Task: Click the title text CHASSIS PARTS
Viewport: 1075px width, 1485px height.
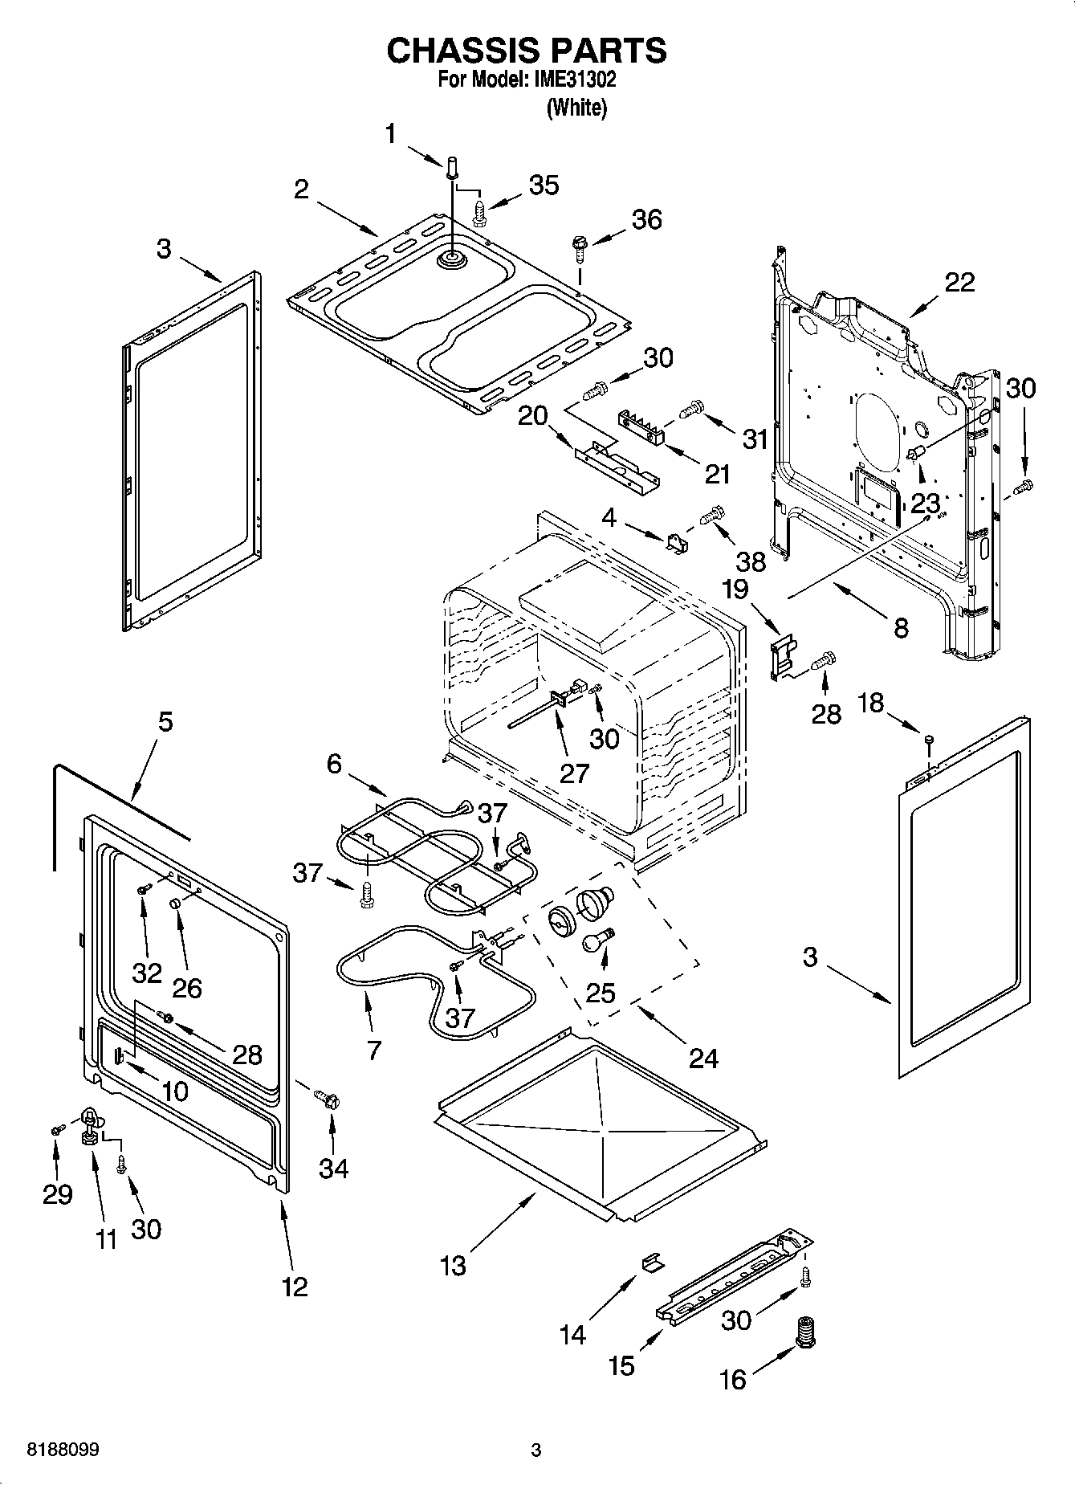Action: click(526, 51)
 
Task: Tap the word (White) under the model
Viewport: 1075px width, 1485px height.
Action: click(576, 108)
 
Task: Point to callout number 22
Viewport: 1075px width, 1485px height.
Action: click(959, 282)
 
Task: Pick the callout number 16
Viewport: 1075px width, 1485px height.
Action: click(732, 1379)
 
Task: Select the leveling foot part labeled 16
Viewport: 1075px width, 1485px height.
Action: click(804, 1332)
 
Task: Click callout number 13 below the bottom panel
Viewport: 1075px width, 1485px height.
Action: click(453, 1266)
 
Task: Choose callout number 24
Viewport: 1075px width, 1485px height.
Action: click(703, 1058)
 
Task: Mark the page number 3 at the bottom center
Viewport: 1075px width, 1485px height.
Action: click(536, 1450)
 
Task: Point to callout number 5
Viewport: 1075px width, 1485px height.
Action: click(165, 721)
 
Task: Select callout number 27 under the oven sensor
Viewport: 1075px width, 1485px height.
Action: click(575, 773)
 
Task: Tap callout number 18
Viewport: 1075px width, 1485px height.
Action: click(870, 703)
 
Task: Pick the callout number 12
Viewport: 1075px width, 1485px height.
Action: click(295, 1286)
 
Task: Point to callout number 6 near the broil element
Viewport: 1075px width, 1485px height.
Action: click(334, 763)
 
